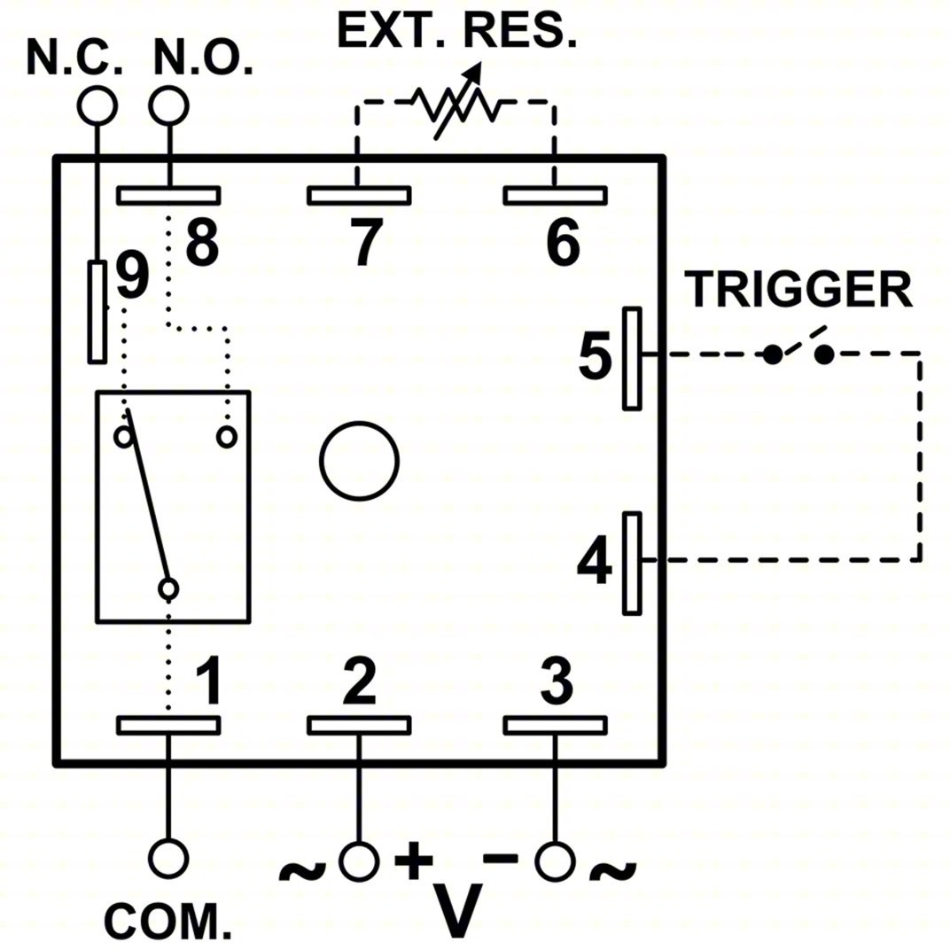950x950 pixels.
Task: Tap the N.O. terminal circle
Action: pos(167,105)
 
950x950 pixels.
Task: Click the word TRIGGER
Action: pos(799,289)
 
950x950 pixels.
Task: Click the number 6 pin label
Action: pos(561,242)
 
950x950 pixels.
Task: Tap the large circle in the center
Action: pos(359,460)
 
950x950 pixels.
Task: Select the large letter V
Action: pos(460,909)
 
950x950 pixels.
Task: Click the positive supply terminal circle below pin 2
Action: pos(359,860)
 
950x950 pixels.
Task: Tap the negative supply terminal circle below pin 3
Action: pos(556,860)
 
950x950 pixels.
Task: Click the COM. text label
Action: pos(168,921)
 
